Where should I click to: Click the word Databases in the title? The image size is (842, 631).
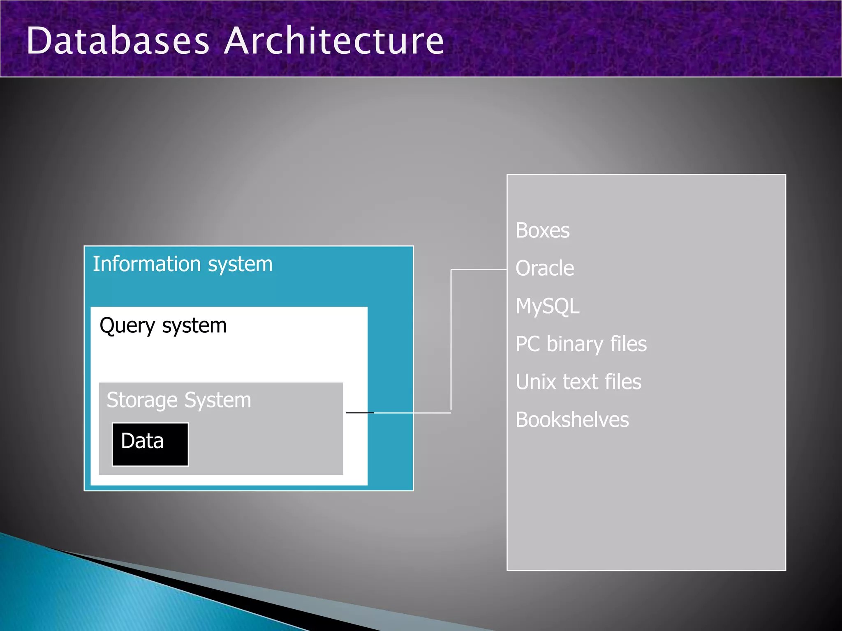click(118, 41)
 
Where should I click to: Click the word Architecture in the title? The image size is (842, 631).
click(334, 41)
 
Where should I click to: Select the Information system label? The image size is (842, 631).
click(183, 264)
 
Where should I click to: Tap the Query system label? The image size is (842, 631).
click(163, 326)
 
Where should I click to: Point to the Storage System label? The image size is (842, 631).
click(178, 400)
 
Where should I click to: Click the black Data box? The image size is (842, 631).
click(150, 444)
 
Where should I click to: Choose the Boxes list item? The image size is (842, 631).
click(543, 230)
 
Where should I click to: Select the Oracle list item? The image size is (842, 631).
click(545, 269)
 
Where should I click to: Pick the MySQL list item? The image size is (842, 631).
click(547, 306)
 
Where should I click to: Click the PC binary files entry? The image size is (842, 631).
click(581, 344)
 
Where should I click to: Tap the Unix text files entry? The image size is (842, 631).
click(578, 382)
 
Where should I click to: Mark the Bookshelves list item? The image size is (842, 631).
click(572, 420)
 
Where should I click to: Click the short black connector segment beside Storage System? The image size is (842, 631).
click(359, 412)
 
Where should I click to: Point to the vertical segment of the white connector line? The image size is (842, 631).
click(451, 341)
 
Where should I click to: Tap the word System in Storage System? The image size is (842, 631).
click(217, 400)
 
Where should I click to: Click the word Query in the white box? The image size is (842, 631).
click(127, 326)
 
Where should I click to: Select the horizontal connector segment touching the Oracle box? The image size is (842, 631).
click(479, 270)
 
